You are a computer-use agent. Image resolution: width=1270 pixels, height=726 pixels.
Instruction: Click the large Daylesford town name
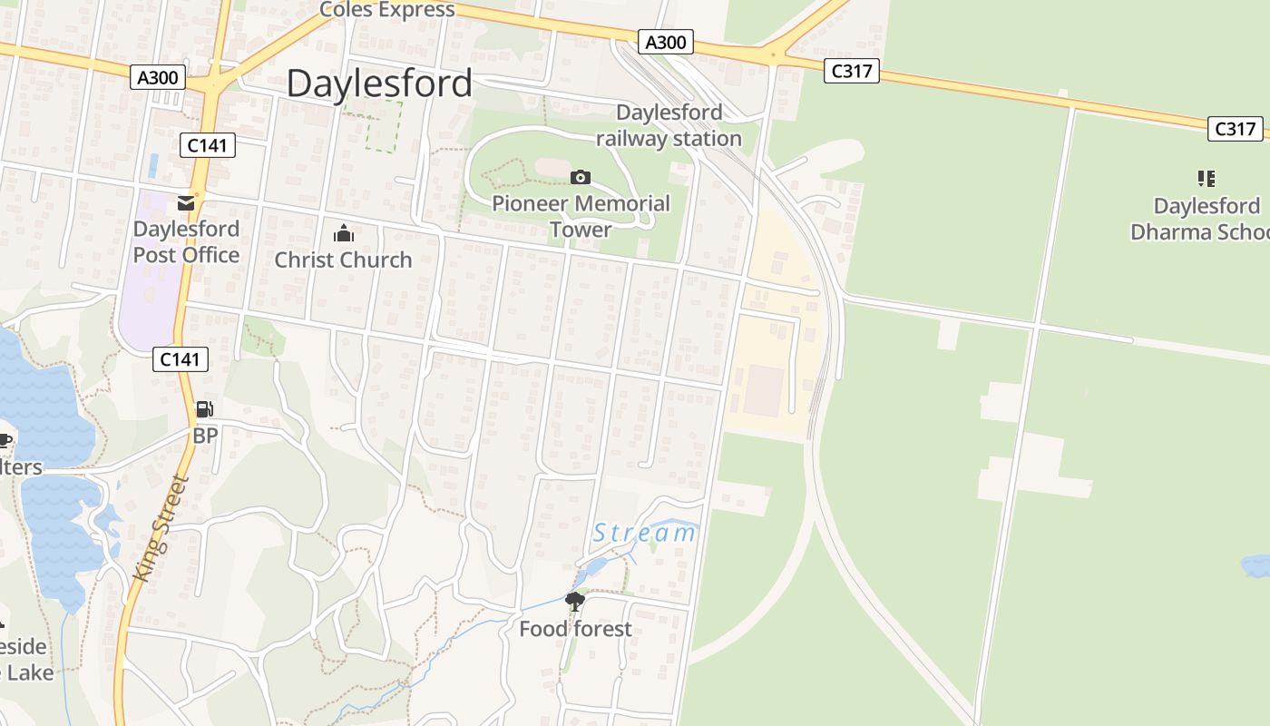tap(379, 83)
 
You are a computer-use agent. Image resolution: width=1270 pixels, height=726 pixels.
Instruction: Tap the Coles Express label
tap(386, 10)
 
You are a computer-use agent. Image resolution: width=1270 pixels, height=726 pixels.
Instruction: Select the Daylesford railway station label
tap(669, 125)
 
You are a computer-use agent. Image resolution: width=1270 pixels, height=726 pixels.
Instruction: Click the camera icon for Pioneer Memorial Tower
tap(581, 177)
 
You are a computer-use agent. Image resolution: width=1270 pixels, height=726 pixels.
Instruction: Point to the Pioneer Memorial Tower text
tap(581, 216)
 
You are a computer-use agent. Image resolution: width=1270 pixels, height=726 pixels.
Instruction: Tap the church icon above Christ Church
tap(343, 234)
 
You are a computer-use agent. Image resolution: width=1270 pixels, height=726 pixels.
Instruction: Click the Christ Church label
tap(343, 260)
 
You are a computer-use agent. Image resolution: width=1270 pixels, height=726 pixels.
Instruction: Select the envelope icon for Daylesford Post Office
tap(186, 202)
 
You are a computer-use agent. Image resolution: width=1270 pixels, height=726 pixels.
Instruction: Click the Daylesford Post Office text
tap(186, 241)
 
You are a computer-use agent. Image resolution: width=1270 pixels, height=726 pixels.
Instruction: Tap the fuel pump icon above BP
tap(205, 409)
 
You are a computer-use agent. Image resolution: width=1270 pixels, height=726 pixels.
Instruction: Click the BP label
tap(205, 436)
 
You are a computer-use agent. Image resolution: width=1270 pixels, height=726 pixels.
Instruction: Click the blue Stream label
tap(644, 533)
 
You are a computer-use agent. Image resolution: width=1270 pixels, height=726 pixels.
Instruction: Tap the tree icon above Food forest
tap(575, 601)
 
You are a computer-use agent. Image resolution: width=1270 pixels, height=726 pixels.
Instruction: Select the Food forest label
tap(575, 628)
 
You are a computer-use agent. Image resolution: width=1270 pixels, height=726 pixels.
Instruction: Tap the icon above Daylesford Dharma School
tap(1206, 178)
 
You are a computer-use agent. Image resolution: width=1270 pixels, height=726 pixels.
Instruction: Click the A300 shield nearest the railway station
tap(666, 42)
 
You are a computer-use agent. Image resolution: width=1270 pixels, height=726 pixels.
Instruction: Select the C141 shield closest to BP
tap(180, 359)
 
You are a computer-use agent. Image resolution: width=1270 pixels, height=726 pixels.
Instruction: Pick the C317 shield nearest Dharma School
tap(1236, 129)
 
